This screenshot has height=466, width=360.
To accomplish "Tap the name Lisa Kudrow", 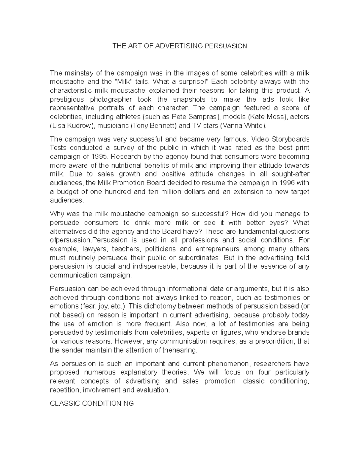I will click(x=71, y=125).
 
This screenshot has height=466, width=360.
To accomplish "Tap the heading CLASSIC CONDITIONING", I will click(x=91, y=404).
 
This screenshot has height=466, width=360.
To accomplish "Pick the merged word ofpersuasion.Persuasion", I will click(x=88, y=240).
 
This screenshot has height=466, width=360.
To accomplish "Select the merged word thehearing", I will click(x=180, y=350).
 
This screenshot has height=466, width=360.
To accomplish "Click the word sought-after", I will click(x=291, y=174).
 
